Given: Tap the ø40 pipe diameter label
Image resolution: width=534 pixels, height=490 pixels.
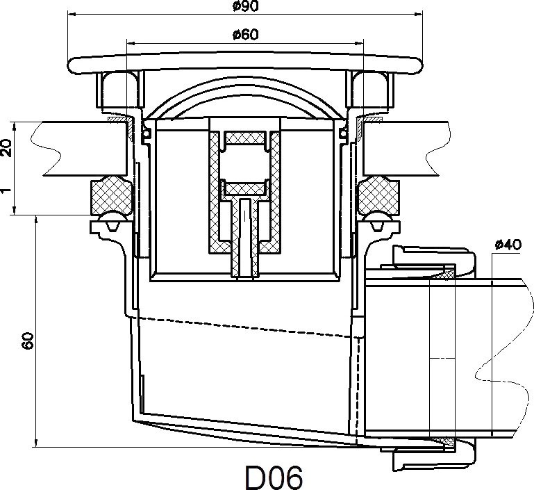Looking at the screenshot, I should pyautogui.click(x=508, y=245).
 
